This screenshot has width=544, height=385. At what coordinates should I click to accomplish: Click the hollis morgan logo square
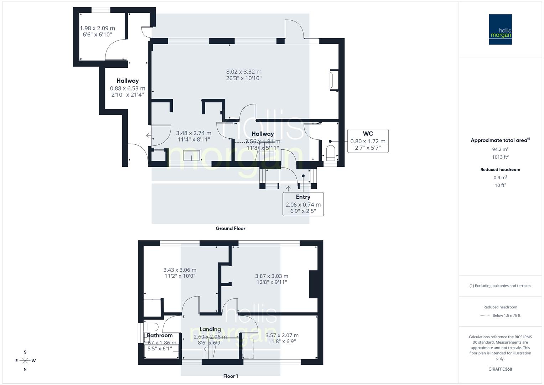(x=500, y=29)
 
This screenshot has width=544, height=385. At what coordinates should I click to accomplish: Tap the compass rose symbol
(x=25, y=361)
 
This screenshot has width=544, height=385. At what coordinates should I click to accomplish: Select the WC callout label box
(x=368, y=141)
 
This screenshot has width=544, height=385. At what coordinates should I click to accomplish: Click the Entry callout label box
(x=303, y=204)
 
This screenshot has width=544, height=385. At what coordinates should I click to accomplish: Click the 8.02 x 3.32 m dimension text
(x=244, y=72)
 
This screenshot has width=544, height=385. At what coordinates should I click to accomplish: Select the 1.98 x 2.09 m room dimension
(x=97, y=28)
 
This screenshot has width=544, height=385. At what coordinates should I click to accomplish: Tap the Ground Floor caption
(x=230, y=229)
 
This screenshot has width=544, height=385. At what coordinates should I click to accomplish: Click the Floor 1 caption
(x=230, y=376)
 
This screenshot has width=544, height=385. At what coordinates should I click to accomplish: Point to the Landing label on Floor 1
(x=210, y=329)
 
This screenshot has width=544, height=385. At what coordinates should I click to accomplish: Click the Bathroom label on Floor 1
(x=160, y=335)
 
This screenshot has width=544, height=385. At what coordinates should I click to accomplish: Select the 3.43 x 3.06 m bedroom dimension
(x=180, y=270)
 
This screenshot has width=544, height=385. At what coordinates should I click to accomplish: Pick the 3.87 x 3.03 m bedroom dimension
(x=271, y=276)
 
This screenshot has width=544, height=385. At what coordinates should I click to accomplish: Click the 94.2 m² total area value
(x=500, y=149)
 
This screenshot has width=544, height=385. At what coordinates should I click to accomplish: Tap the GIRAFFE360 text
(x=500, y=369)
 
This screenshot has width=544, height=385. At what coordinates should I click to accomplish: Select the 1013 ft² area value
(x=500, y=157)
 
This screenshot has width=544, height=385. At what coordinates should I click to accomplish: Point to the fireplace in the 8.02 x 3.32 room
(x=333, y=81)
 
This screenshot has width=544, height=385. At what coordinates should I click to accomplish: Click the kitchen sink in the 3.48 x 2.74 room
(x=191, y=156)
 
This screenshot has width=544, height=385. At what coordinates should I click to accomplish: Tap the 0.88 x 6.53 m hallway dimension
(x=128, y=88)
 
